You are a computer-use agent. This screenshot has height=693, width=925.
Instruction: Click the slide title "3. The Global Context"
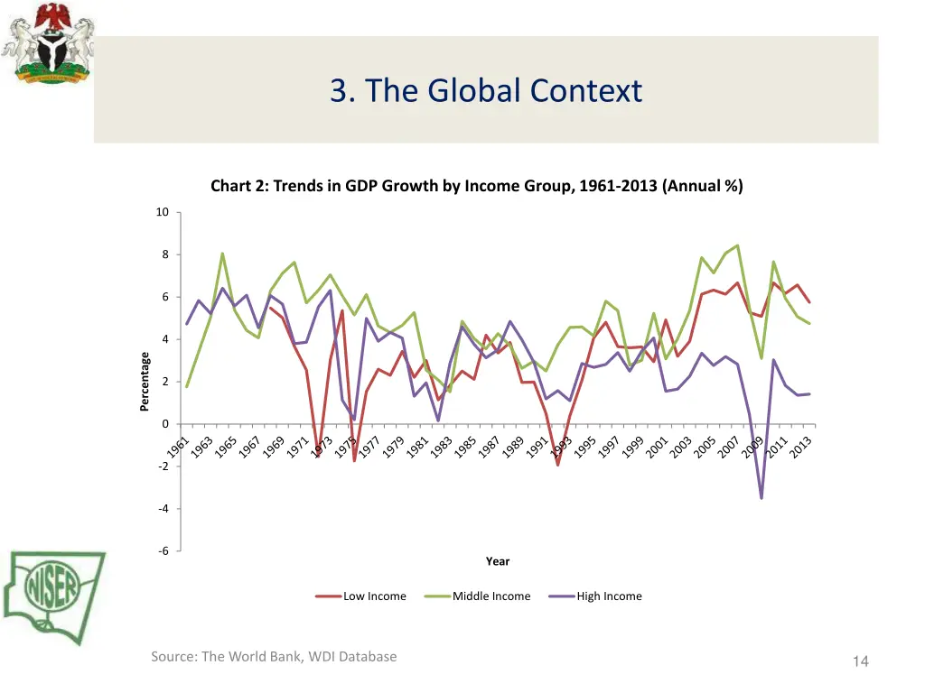click(486, 91)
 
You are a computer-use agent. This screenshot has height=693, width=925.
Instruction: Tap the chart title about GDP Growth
click(476, 187)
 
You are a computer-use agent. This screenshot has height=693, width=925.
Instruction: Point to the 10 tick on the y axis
click(163, 213)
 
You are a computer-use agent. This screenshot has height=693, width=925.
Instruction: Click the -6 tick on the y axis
click(163, 551)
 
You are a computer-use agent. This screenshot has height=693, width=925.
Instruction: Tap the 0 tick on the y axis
click(164, 424)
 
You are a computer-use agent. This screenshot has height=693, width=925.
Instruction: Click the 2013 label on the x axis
click(800, 447)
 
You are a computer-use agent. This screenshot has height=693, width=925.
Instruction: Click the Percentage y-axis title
click(145, 382)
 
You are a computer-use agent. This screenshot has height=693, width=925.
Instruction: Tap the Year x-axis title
click(498, 561)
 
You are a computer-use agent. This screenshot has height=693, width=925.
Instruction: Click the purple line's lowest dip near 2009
click(761, 498)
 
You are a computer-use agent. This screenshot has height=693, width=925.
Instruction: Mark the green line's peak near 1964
click(222, 254)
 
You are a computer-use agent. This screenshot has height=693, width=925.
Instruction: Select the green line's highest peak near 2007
click(738, 245)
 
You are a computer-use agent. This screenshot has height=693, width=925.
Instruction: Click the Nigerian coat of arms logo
click(47, 43)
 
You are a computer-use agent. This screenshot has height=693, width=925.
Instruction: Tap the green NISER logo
click(54, 596)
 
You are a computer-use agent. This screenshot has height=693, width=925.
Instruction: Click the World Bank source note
click(274, 657)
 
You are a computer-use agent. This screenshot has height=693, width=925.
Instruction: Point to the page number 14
click(860, 662)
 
